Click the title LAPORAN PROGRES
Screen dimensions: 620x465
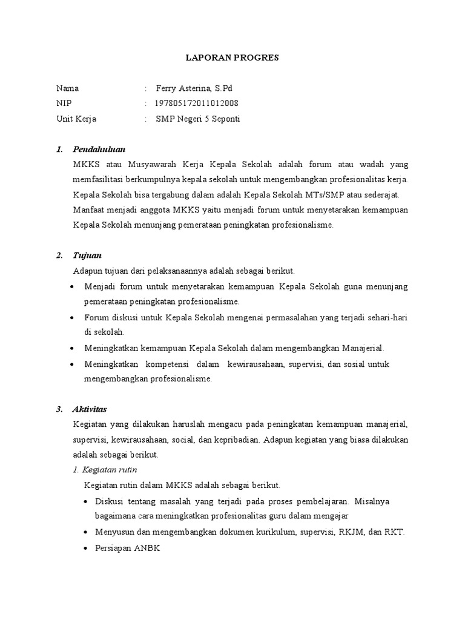click(x=232, y=58)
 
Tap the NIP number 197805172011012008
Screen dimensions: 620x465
click(x=197, y=103)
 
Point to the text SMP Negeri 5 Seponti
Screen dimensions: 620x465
click(x=198, y=119)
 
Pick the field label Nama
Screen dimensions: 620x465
click(x=67, y=88)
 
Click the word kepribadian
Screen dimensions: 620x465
click(x=235, y=439)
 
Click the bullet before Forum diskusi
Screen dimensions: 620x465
click(x=73, y=317)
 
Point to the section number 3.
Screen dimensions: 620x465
click(x=59, y=409)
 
